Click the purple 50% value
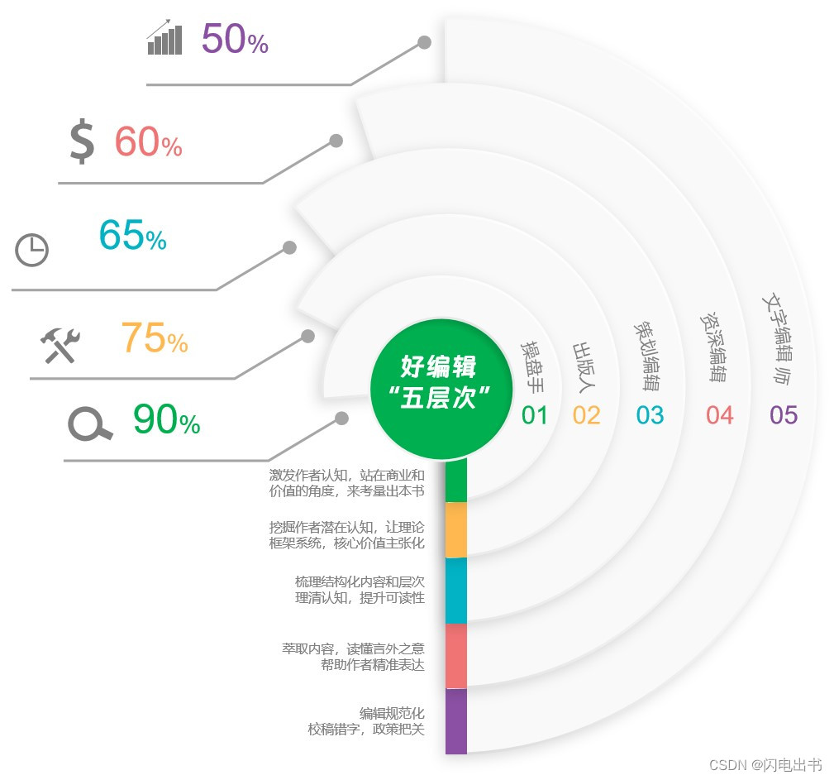tap(235, 40)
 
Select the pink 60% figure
tap(148, 142)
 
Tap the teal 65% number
tap(132, 236)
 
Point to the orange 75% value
tap(155, 337)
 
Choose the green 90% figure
tap(166, 420)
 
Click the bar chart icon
tap(164, 38)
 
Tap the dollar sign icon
tap(82, 141)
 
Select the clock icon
tap(32, 250)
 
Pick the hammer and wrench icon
tap(60, 345)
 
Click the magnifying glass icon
tap(89, 424)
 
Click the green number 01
tap(535, 415)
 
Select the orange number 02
tap(586, 415)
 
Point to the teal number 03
tap(650, 415)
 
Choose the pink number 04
tap(719, 415)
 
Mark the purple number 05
tap(783, 415)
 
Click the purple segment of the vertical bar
tap(456, 721)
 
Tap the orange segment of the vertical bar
tap(456, 530)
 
